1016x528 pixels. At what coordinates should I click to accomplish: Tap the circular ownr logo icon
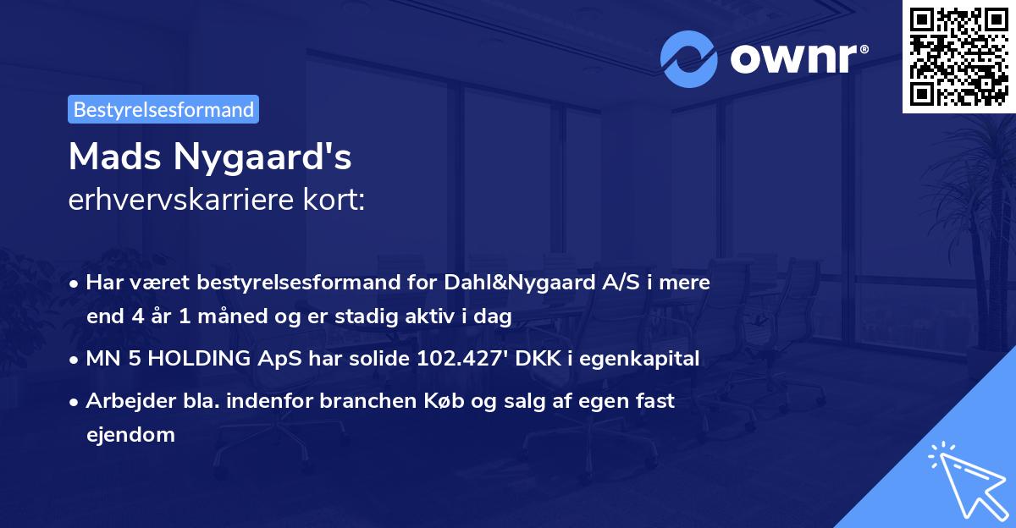689,59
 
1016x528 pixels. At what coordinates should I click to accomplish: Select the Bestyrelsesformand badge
163,109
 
